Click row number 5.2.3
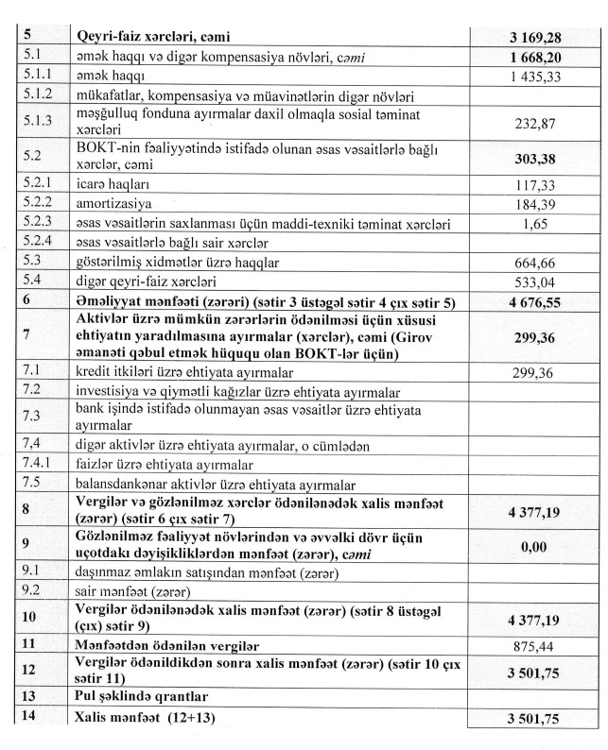(x=38, y=223)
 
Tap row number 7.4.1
(x=38, y=464)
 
